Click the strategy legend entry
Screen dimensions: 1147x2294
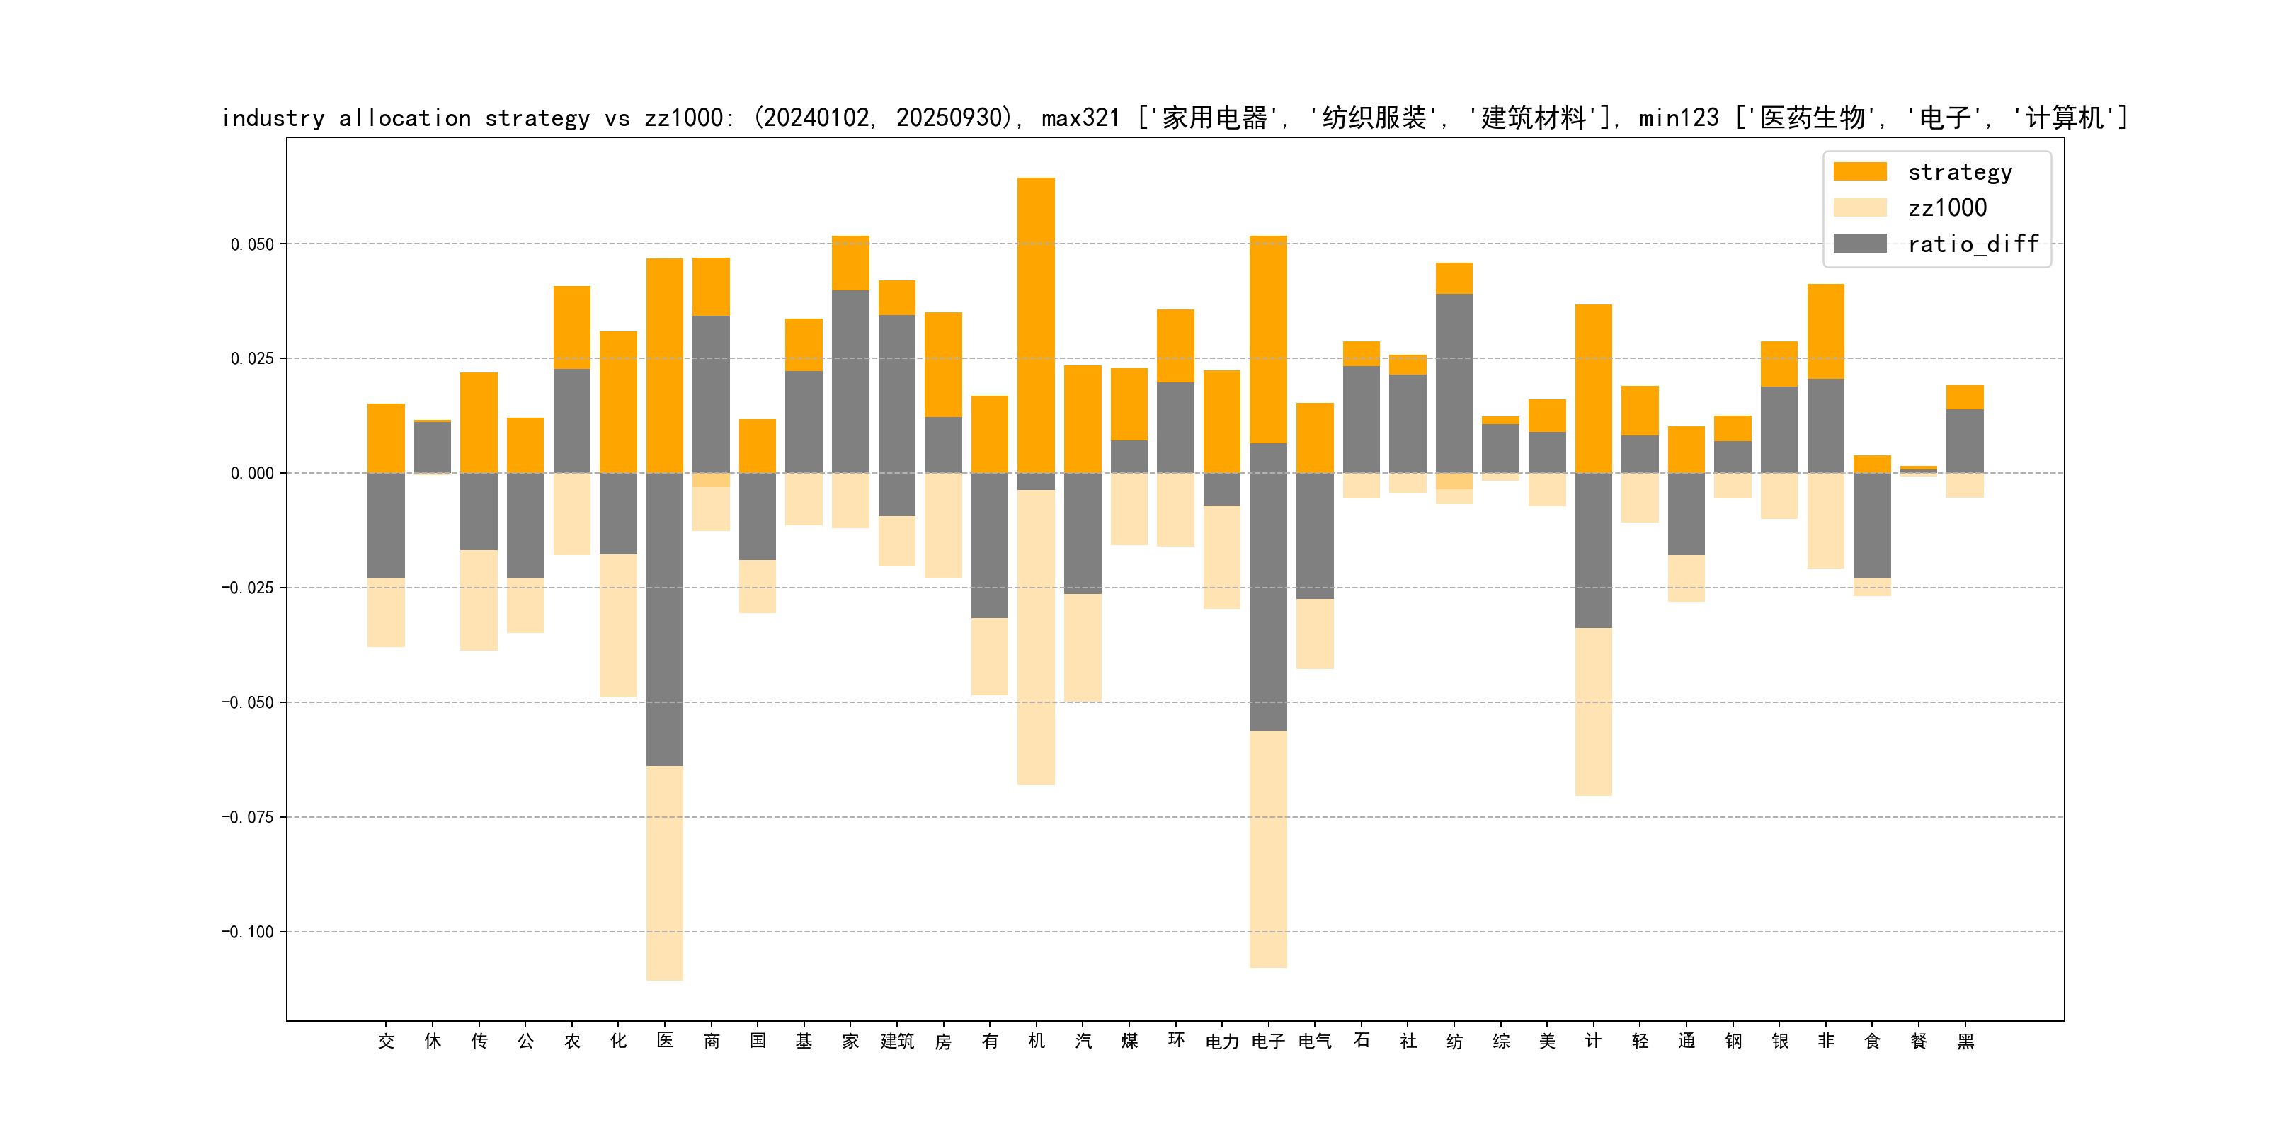coord(1959,172)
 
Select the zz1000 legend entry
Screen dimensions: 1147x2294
coord(1946,208)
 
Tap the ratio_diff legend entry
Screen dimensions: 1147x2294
coord(1972,244)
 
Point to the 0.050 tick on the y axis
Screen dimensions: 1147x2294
coord(252,244)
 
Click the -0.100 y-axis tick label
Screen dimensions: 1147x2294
coord(248,932)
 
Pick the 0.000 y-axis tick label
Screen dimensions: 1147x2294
coord(252,474)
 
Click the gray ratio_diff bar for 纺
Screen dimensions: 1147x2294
coord(1454,383)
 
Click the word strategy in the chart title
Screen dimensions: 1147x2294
coord(537,118)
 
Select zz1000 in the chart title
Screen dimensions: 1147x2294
coord(682,118)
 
